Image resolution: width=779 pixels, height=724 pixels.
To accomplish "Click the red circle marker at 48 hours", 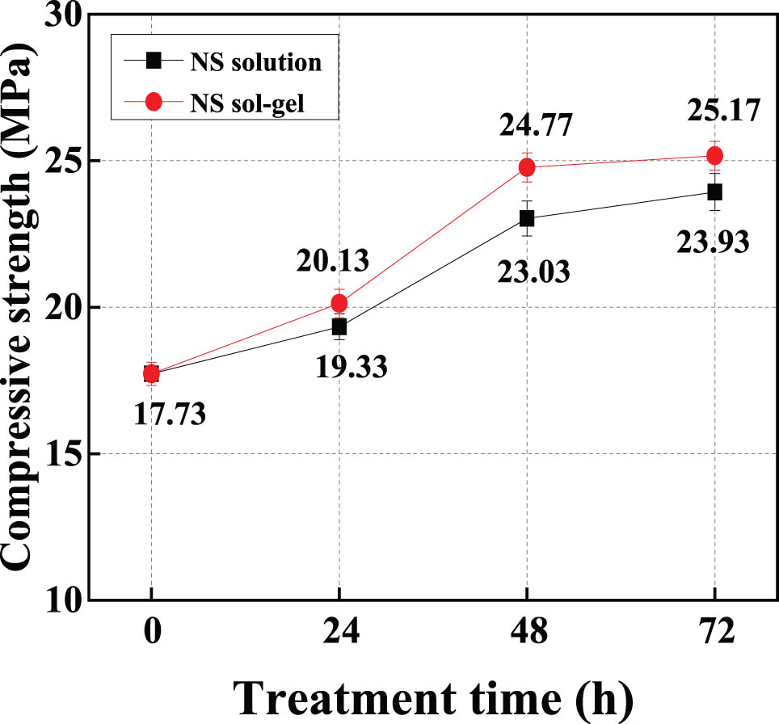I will pyautogui.click(x=527, y=167).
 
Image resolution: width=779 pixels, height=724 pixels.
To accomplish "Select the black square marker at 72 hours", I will pyautogui.click(x=714, y=192).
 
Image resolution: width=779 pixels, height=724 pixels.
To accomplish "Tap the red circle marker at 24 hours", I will pyautogui.click(x=339, y=303).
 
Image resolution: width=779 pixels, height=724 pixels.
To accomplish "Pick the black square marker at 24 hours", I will pyautogui.click(x=339, y=327).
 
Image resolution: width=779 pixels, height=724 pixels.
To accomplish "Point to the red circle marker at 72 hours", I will pyautogui.click(x=714, y=155).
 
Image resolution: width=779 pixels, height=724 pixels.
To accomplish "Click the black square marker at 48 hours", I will pyautogui.click(x=527, y=218).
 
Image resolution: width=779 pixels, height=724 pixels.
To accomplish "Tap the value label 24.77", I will pyautogui.click(x=528, y=126).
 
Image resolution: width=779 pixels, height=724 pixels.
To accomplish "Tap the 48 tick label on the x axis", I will pyautogui.click(x=527, y=633).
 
